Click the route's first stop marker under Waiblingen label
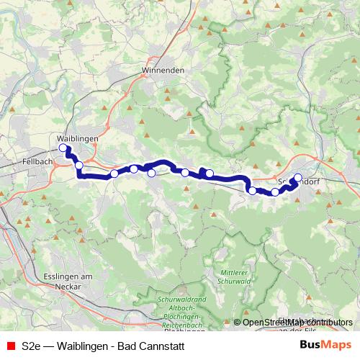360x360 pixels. pos(63,148)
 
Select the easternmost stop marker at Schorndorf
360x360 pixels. pos(298,178)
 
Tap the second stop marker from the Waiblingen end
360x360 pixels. pos(78,166)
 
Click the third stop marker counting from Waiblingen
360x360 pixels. pos(114,174)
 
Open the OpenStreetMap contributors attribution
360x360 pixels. pos(297,322)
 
